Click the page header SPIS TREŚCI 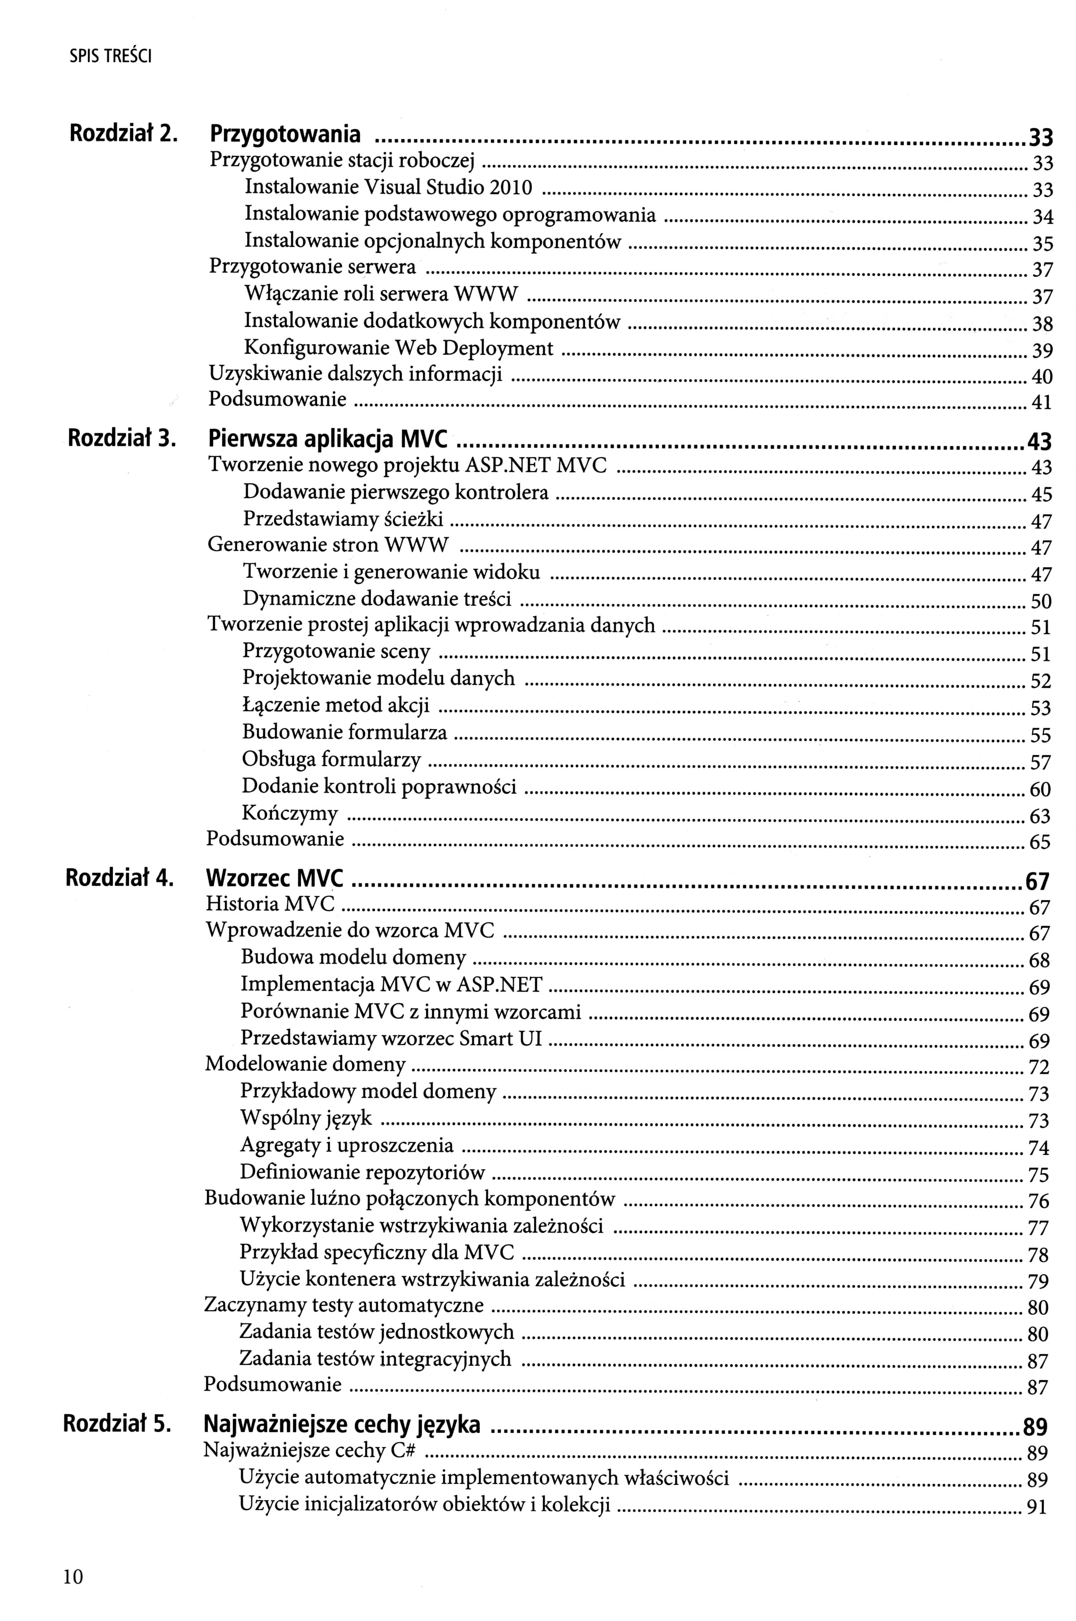pyautogui.click(x=111, y=58)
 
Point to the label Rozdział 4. pyautogui.click(x=119, y=878)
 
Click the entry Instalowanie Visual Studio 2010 pyautogui.click(x=388, y=187)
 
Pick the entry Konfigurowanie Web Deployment pyautogui.click(x=399, y=348)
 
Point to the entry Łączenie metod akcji pyautogui.click(x=335, y=705)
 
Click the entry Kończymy pyautogui.click(x=290, y=814)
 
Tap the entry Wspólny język pyautogui.click(x=306, y=1118)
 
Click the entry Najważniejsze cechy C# pyautogui.click(x=312, y=1451)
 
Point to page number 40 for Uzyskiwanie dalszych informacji pyautogui.click(x=1042, y=377)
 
